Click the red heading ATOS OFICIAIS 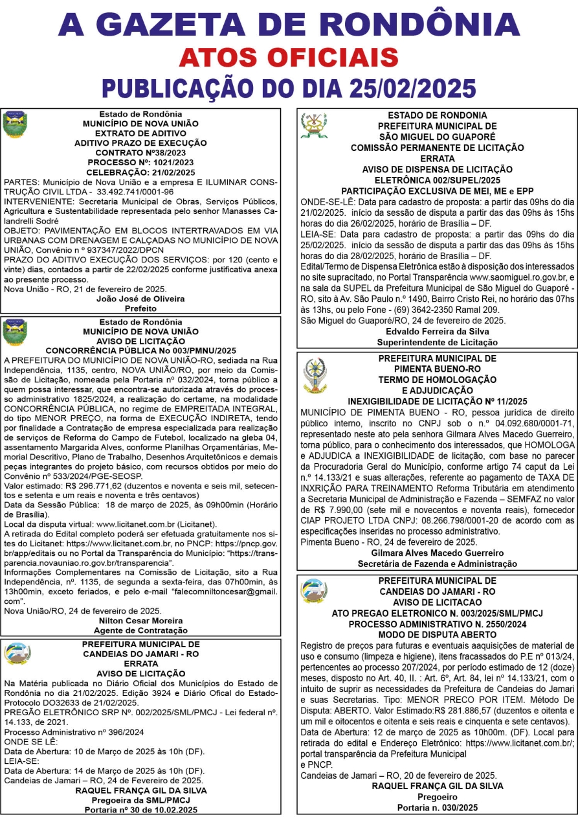[x=289, y=57]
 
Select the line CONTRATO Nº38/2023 [x=140, y=152]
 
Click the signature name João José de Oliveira [x=140, y=299]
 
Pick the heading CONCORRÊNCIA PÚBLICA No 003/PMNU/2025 [x=140, y=350]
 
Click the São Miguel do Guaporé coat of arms [x=314, y=126]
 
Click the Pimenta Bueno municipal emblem [x=315, y=376]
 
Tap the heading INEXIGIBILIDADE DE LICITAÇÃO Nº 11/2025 [x=438, y=401]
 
